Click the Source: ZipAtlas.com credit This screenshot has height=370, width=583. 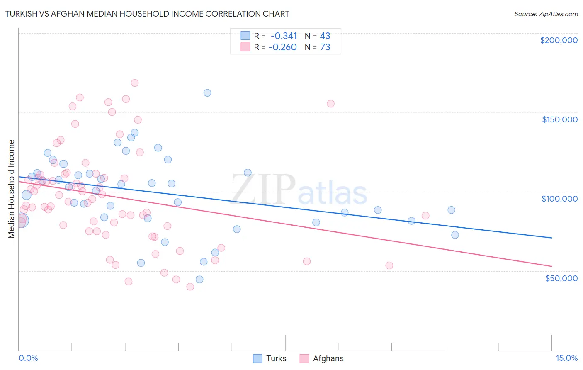(546, 14)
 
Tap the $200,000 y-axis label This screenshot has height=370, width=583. (559, 40)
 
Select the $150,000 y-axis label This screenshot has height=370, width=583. (559, 119)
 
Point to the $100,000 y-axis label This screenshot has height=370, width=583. (559, 199)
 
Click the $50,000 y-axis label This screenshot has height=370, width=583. (561, 278)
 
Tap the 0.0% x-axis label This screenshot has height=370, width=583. (28, 358)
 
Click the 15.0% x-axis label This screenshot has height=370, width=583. (566, 358)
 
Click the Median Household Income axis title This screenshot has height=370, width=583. (12, 189)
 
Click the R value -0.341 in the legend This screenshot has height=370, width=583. (284, 36)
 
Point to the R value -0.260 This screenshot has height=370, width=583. (283, 47)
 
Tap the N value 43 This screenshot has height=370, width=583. (325, 36)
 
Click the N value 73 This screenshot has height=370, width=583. (325, 47)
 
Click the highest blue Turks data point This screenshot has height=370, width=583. (207, 93)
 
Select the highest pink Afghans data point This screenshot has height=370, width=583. (135, 83)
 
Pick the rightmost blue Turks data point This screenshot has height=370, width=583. (455, 235)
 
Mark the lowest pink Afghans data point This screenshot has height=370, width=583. (190, 287)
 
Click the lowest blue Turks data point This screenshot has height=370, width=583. (199, 280)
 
